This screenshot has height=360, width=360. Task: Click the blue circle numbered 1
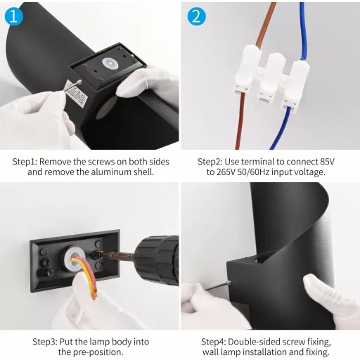pos(14,16)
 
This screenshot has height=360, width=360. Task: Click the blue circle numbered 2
pos(196,16)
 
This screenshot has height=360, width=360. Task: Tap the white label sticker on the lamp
pos(76,94)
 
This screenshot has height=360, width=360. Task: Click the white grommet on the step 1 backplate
pos(110,63)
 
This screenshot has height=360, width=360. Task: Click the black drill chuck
pos(157,261)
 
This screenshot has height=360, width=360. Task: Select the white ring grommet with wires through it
pos(73,259)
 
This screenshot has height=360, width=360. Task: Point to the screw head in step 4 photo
pos(229,283)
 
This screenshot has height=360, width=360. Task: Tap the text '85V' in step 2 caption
pos(327,162)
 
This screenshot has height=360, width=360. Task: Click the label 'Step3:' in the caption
pos(45,342)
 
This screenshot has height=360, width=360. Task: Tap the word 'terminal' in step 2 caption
pos(257,162)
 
